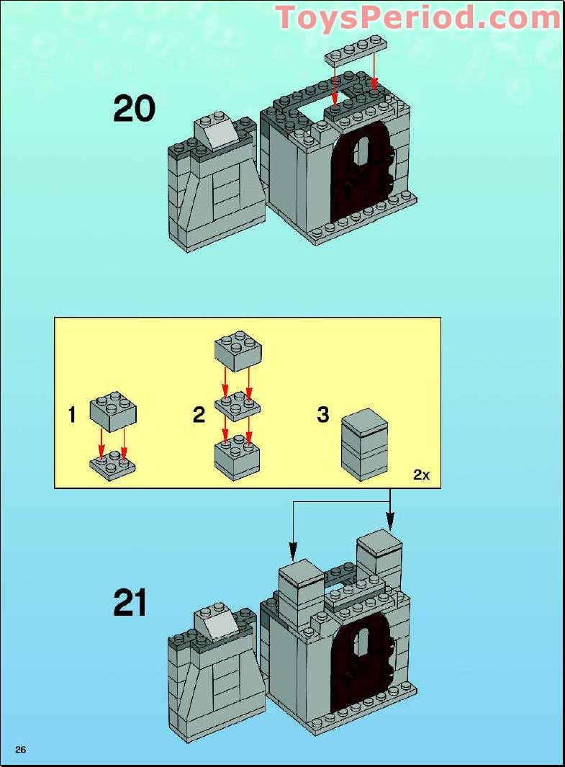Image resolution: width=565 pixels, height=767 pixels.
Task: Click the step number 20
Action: [135, 109]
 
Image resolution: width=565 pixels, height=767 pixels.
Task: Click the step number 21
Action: [130, 604]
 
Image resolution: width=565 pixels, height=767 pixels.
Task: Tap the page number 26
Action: [20, 750]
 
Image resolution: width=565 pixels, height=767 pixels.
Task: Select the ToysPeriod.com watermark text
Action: [418, 17]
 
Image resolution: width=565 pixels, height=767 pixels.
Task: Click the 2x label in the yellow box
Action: [421, 475]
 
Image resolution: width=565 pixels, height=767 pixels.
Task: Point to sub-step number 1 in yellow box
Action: [72, 415]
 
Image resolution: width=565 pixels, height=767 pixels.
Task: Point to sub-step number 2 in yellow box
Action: [199, 415]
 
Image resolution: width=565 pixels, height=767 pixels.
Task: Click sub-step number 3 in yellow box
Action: [323, 415]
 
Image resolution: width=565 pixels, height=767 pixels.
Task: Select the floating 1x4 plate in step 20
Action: [355, 55]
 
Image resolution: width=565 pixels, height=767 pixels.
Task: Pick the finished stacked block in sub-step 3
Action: [364, 444]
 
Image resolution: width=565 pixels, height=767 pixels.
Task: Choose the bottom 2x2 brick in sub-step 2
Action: [238, 457]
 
